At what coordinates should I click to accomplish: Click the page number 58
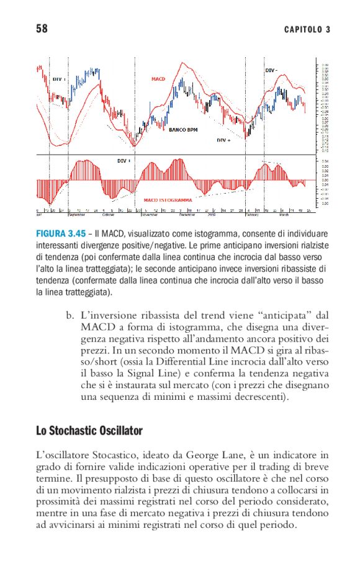[42, 29]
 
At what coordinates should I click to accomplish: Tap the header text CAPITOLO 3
[307, 29]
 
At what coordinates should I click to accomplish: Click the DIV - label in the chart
[271, 71]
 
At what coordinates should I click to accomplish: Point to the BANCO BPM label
[183, 130]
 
